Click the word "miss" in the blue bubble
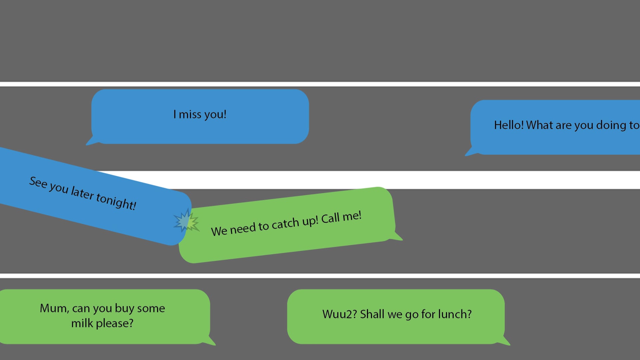tap(190, 114)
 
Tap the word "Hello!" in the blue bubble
tap(509, 125)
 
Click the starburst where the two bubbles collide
tap(186, 221)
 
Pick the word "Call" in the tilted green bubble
tap(330, 218)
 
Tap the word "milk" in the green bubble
tap(82, 323)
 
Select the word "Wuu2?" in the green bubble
tap(340, 314)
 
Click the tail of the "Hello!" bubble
tap(472, 152)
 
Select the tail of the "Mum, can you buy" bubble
tap(209, 341)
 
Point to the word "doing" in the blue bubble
tap(611, 125)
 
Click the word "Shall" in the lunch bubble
tap(372, 314)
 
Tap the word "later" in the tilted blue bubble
tap(82, 193)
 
